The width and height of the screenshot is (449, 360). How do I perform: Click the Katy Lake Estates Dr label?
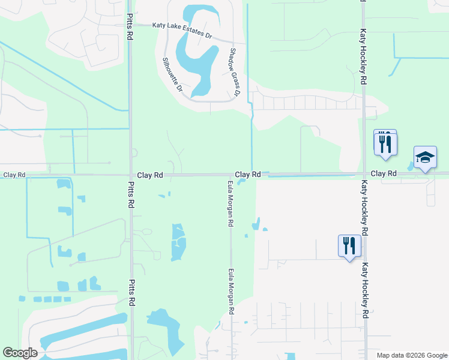(x=182, y=29)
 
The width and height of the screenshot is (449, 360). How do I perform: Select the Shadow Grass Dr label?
(x=234, y=73)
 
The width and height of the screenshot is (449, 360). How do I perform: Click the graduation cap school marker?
(x=425, y=158)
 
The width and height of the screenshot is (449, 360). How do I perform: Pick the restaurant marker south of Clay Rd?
(x=349, y=246)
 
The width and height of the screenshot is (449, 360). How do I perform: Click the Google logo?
(x=20, y=353)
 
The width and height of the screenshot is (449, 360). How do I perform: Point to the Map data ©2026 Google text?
(x=411, y=355)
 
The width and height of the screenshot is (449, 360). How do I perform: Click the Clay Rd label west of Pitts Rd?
(x=14, y=175)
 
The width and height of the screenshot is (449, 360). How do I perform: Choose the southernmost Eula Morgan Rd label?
(x=231, y=292)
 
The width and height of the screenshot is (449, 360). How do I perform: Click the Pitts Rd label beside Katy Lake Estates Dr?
(x=130, y=27)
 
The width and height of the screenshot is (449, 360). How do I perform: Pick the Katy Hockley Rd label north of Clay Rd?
(x=363, y=58)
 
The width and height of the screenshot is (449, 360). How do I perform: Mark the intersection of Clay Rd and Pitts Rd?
(x=131, y=175)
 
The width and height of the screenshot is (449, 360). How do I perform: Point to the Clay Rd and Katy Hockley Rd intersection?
(x=363, y=175)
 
